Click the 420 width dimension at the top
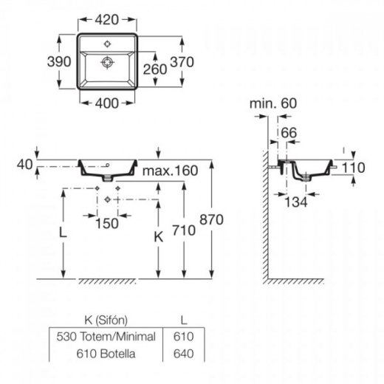[106, 20]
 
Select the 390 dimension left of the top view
[59, 61]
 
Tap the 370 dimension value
[182, 62]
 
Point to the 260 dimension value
[155, 69]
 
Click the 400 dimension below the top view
[107, 103]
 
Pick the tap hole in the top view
[107, 44]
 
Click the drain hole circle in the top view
[108, 62]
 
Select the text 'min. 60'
[273, 103]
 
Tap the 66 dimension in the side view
[289, 133]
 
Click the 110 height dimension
[354, 168]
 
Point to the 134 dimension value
[296, 202]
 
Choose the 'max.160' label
[171, 171]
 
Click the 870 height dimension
[211, 219]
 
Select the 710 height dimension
[184, 230]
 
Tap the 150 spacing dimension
[107, 224]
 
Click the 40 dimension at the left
[25, 165]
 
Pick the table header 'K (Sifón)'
[106, 320]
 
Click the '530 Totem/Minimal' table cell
[106, 337]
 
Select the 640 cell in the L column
[184, 354]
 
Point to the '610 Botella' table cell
[106, 354]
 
